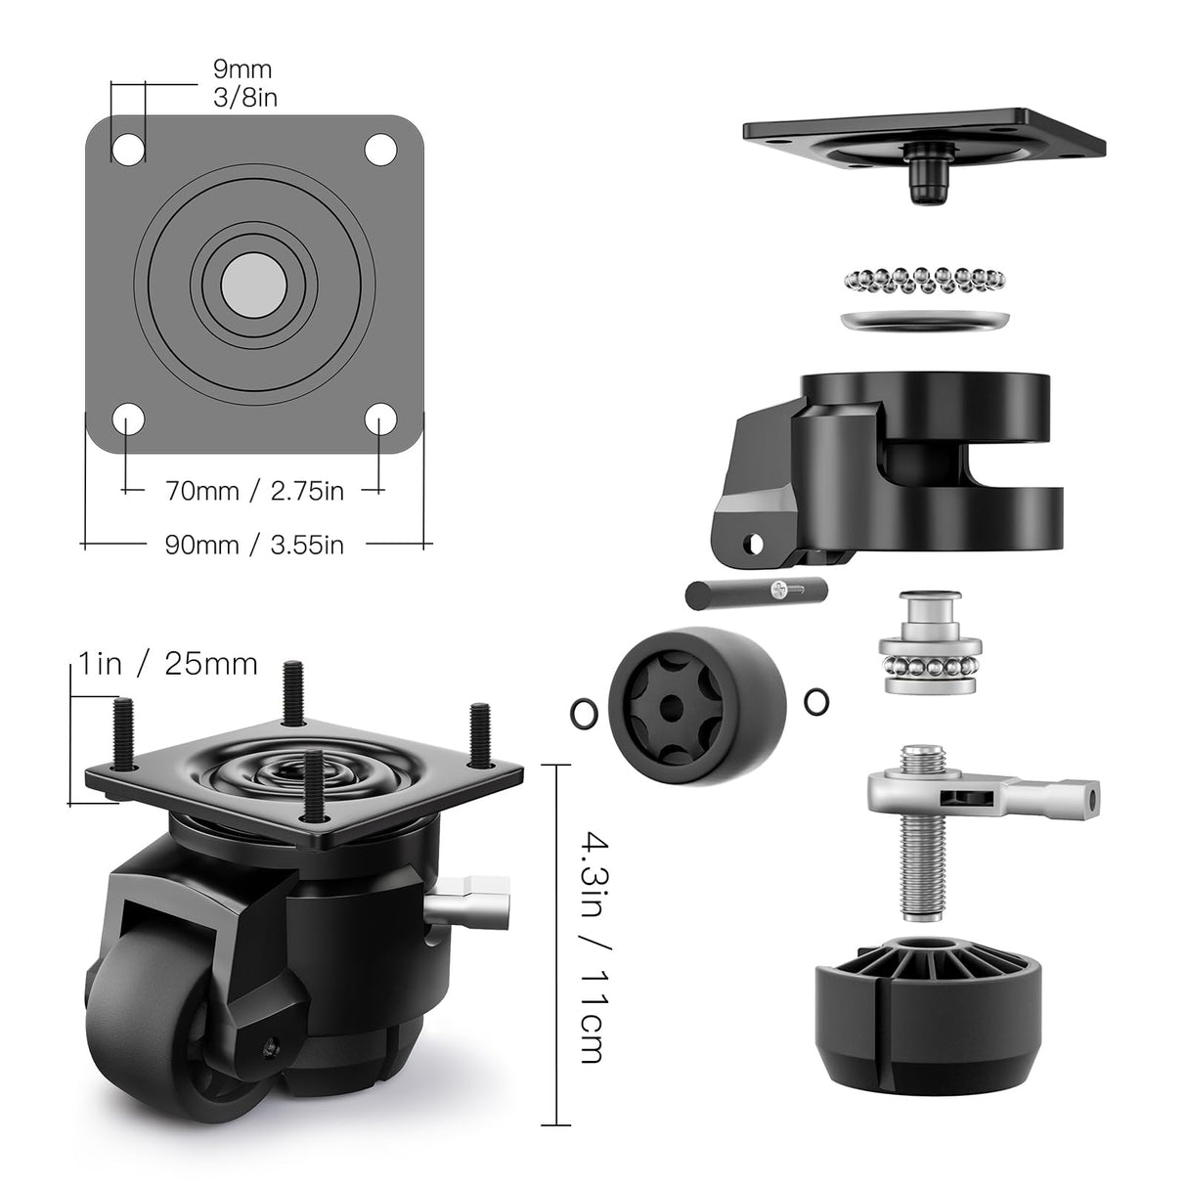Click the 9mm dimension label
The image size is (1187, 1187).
[x=242, y=69]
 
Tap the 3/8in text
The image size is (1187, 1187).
[x=244, y=98]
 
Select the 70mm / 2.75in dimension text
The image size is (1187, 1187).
[x=254, y=490]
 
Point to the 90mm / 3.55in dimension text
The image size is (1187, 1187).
[x=254, y=545]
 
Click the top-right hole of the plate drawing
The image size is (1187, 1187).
[x=380, y=149]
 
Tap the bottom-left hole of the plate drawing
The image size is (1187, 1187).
[x=128, y=420]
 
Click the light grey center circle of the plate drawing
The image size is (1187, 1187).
[x=254, y=285]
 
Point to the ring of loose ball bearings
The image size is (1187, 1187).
[x=923, y=280]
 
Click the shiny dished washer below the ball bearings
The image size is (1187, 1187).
[x=924, y=321]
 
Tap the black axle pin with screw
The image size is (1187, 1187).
[x=755, y=593]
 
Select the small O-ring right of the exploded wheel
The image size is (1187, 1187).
[x=816, y=701]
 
